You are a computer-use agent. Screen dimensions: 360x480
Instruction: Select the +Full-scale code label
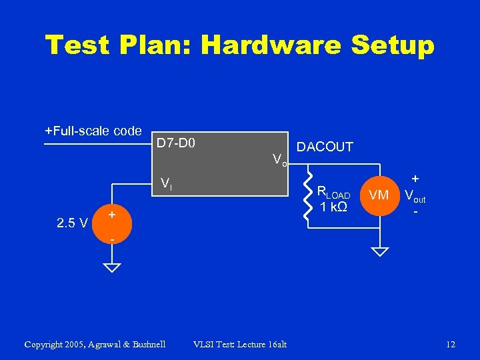pyautogui.click(x=93, y=131)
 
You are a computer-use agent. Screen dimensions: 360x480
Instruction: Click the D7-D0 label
pyautogui.click(x=175, y=143)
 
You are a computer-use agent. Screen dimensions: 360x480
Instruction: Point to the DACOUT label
pyautogui.click(x=325, y=147)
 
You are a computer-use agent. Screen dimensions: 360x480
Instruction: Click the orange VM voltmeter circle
pyautogui.click(x=379, y=195)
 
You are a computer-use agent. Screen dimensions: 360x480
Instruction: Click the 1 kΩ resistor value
pyautogui.click(x=333, y=207)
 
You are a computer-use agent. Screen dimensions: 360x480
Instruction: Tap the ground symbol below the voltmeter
pyautogui.click(x=379, y=252)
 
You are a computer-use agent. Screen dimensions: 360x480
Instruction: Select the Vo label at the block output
pyautogui.click(x=279, y=159)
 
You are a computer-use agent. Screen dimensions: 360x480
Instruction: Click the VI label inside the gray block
pyautogui.click(x=166, y=185)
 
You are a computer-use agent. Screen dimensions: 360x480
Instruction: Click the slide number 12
pyautogui.click(x=451, y=345)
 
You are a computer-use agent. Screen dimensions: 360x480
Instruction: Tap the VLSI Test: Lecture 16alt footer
pyautogui.click(x=240, y=345)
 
